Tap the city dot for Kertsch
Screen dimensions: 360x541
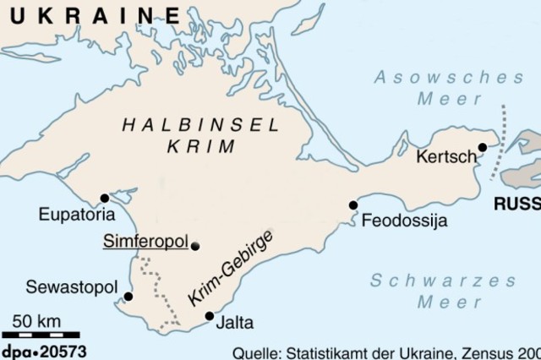click(482, 147)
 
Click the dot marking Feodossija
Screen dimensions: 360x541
click(353, 205)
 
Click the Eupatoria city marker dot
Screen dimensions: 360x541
click(105, 199)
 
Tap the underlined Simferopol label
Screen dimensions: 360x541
click(145, 242)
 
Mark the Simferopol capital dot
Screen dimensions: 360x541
click(196, 246)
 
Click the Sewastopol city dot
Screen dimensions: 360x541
click(128, 297)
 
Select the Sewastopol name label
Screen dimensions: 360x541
click(71, 286)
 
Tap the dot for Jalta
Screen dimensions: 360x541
click(210, 317)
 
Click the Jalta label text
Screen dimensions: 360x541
click(234, 323)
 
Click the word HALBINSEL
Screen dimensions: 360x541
click(201, 125)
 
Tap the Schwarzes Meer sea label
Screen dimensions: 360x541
click(443, 291)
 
